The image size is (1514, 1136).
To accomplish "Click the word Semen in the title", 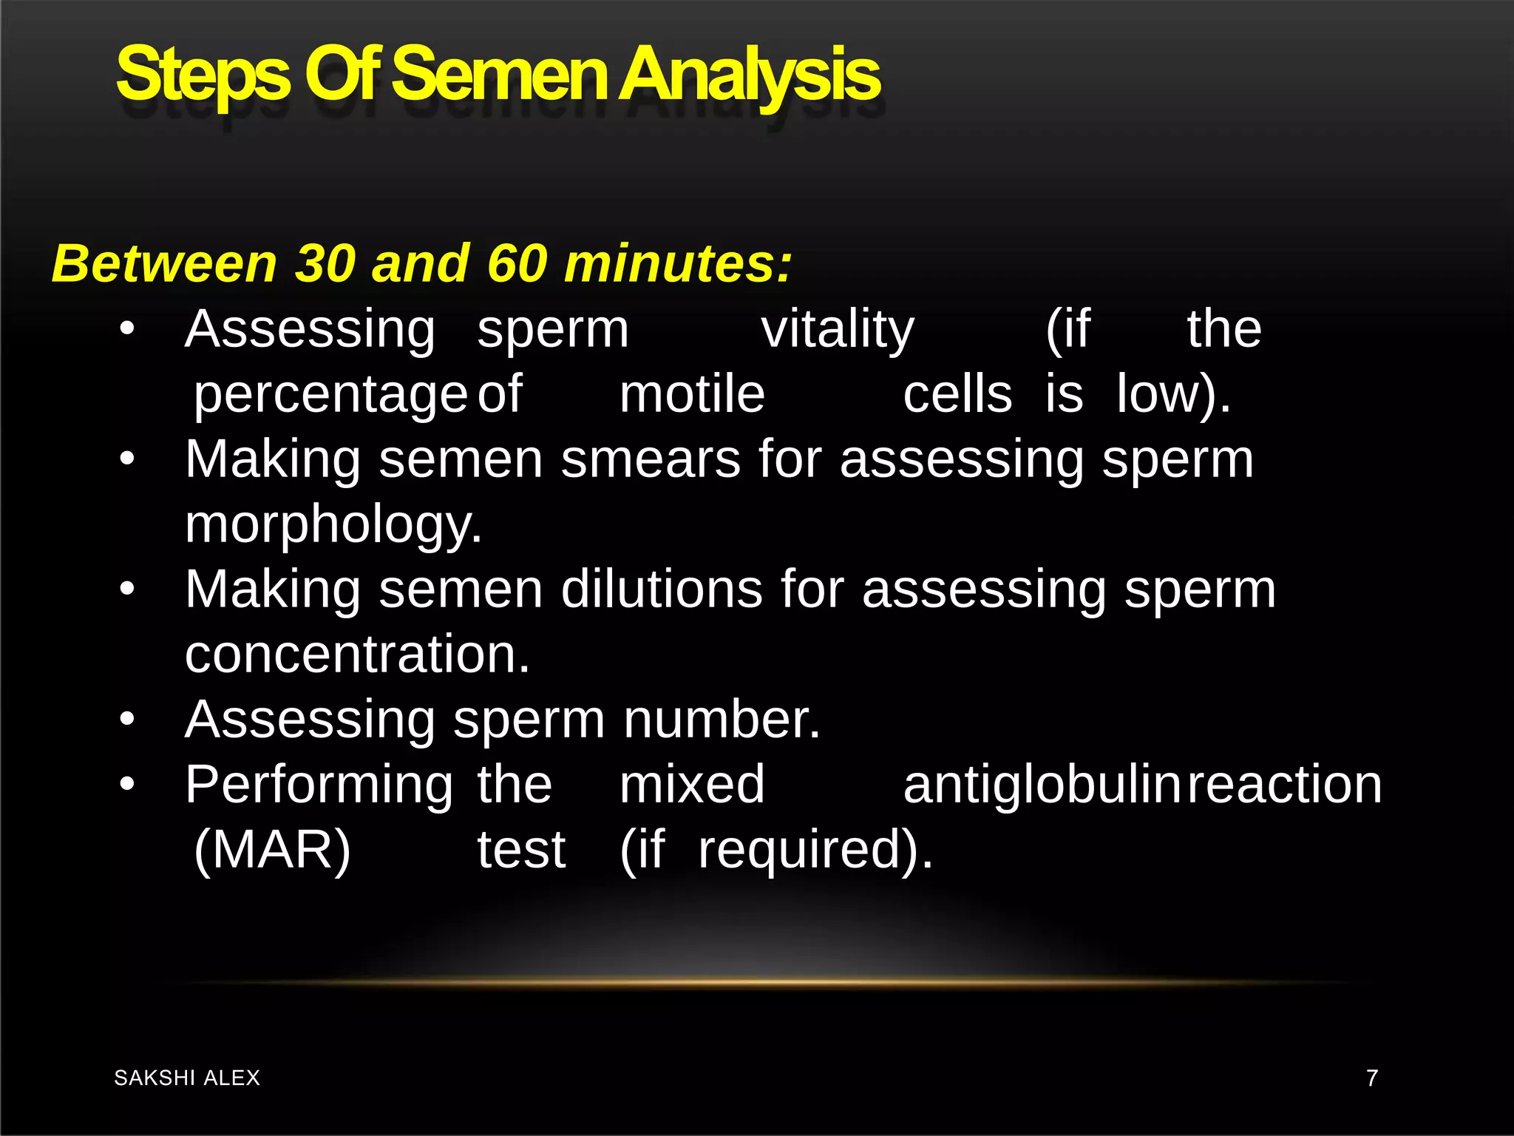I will click(500, 74).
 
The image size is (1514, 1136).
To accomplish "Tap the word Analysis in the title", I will click(749, 74).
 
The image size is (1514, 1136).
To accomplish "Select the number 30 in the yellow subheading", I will click(325, 263).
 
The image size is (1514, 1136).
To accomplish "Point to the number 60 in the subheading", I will click(517, 263).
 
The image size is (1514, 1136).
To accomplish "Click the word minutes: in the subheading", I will click(678, 263).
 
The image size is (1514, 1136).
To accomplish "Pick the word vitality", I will click(838, 329).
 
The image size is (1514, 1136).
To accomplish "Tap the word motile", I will click(692, 394).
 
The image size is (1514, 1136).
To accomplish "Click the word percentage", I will click(330, 396).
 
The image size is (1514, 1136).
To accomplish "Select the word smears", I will click(651, 459).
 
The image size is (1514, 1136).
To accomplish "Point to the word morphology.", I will click(333, 525).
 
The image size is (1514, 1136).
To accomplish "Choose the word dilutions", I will click(662, 589).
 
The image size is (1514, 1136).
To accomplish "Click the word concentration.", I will click(357, 655).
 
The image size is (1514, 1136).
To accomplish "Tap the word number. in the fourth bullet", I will click(722, 720).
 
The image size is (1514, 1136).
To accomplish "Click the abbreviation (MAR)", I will click(272, 850).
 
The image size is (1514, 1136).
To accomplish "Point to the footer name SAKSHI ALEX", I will click(187, 1078).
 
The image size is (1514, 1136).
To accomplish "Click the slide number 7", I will click(1372, 1078).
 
